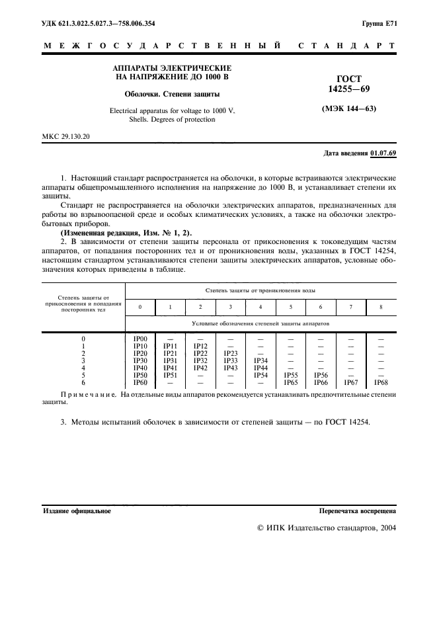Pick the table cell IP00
pyautogui.click(x=140, y=339)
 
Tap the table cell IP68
pyautogui.click(x=381, y=382)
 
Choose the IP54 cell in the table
pyautogui.click(x=260, y=375)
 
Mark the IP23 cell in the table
pyautogui.click(x=230, y=353)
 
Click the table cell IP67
pyautogui.click(x=350, y=382)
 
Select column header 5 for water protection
pyautogui.click(x=290, y=308)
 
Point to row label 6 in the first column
pyautogui.click(x=83, y=382)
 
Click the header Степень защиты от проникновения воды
pyautogui.click(x=260, y=290)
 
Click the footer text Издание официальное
pyautogui.click(x=77, y=511)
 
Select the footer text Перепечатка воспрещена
pyautogui.click(x=357, y=511)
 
